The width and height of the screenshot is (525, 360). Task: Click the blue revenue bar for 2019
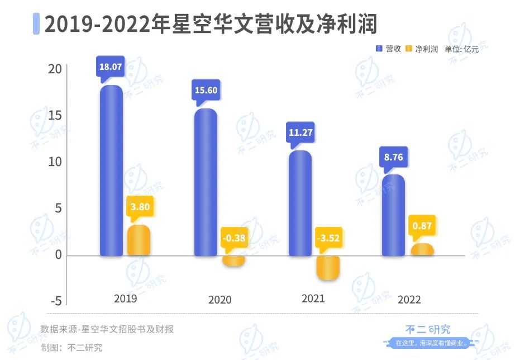[111, 170]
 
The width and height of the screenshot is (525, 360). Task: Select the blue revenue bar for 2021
[300, 203]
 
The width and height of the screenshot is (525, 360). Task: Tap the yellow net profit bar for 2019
[139, 240]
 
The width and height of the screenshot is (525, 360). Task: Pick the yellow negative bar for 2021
[328, 268]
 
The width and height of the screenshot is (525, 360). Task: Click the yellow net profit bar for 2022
[422, 250]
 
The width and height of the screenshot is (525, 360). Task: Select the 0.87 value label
[422, 226]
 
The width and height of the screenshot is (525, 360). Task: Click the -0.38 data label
[233, 238]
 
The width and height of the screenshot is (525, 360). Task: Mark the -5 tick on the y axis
[56, 301]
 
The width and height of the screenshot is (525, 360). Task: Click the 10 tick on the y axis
[55, 162]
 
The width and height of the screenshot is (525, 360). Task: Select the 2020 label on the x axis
[219, 300]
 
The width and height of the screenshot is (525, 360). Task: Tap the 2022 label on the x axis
[409, 300]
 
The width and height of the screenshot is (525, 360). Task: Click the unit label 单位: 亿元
[461, 49]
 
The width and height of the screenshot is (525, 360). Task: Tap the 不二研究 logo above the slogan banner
[427, 329]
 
